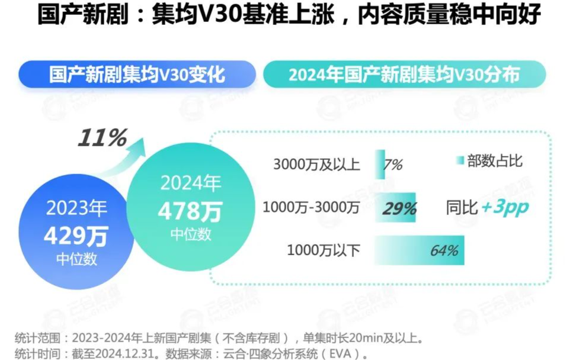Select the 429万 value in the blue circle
(75, 236)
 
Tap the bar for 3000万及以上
(379, 164)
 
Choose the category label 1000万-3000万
(311, 208)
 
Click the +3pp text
(505, 208)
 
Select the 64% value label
(444, 250)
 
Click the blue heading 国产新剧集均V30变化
(137, 75)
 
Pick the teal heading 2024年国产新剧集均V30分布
(404, 75)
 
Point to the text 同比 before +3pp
(462, 208)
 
